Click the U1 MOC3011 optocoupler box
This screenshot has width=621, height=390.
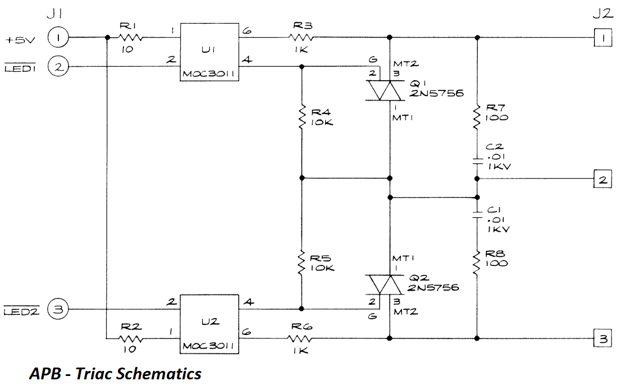208,53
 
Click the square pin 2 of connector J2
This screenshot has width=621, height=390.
602,180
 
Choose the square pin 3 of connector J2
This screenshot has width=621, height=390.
602,339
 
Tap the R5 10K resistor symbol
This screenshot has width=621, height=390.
302,262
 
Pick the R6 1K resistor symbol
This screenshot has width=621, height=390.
300,338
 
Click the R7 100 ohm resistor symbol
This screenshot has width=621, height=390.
477,116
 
